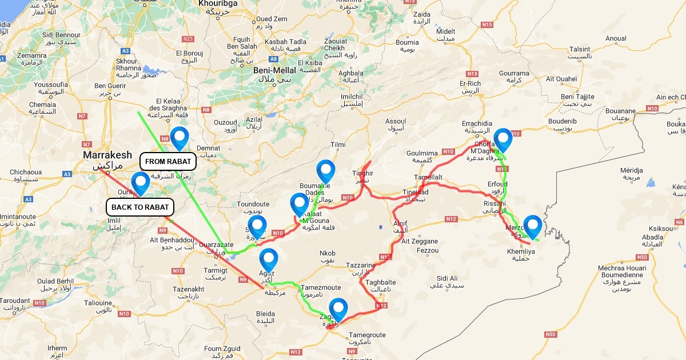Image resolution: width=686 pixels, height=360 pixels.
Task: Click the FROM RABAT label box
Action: click(167, 162)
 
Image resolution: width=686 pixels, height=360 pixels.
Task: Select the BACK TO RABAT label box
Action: click(139, 207)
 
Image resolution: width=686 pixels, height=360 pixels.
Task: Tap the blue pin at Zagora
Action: click(338, 309)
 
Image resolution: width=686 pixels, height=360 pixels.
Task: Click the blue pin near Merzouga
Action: click(533, 226)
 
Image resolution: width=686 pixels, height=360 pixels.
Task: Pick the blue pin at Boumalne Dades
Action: click(325, 171)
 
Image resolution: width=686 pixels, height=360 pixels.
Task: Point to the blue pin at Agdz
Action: click(268, 259)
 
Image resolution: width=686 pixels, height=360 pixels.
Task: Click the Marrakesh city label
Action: click(107, 155)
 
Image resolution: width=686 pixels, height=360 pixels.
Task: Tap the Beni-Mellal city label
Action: click(274, 70)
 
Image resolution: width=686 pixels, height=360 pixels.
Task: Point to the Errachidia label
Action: click(476, 123)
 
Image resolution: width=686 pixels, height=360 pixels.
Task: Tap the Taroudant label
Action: click(14, 301)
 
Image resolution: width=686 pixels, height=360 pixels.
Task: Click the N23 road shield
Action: click(188, 39)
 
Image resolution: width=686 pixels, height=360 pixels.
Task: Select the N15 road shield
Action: click(487, 25)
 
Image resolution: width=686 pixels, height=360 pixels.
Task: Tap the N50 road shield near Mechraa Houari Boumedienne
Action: click(642, 257)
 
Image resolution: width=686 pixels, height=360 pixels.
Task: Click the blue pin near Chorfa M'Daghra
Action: click(502, 139)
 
